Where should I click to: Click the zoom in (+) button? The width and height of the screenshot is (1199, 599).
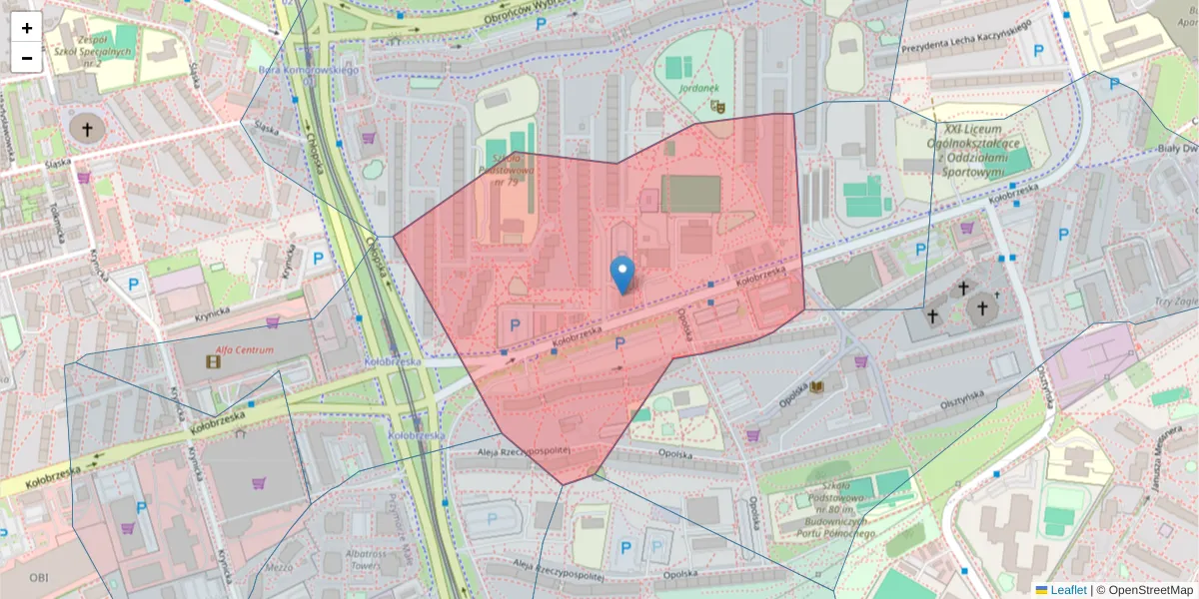27,27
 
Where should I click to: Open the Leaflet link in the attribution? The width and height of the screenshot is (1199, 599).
1067,590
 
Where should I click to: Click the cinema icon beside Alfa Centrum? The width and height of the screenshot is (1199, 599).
212,361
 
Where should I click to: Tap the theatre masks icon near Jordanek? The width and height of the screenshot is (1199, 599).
716,104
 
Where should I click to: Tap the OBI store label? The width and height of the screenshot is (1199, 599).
38,577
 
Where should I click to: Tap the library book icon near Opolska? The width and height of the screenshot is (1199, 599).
816,387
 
